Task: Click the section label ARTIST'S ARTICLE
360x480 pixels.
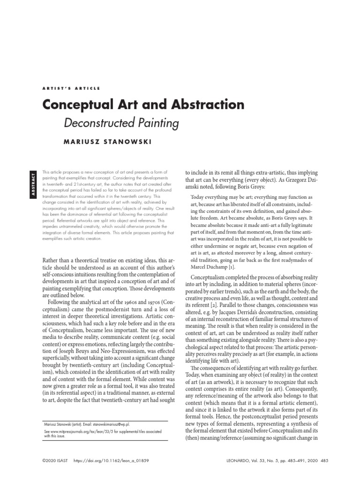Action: coord(70,88)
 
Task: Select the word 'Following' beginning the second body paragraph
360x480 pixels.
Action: coord(61,305)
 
